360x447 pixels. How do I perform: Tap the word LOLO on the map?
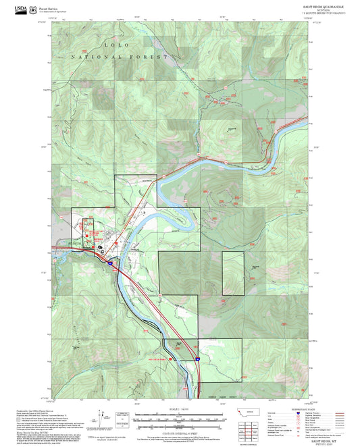[114, 44]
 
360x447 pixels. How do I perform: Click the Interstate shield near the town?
[109, 261]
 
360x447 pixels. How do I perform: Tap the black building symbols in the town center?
[101, 247]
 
